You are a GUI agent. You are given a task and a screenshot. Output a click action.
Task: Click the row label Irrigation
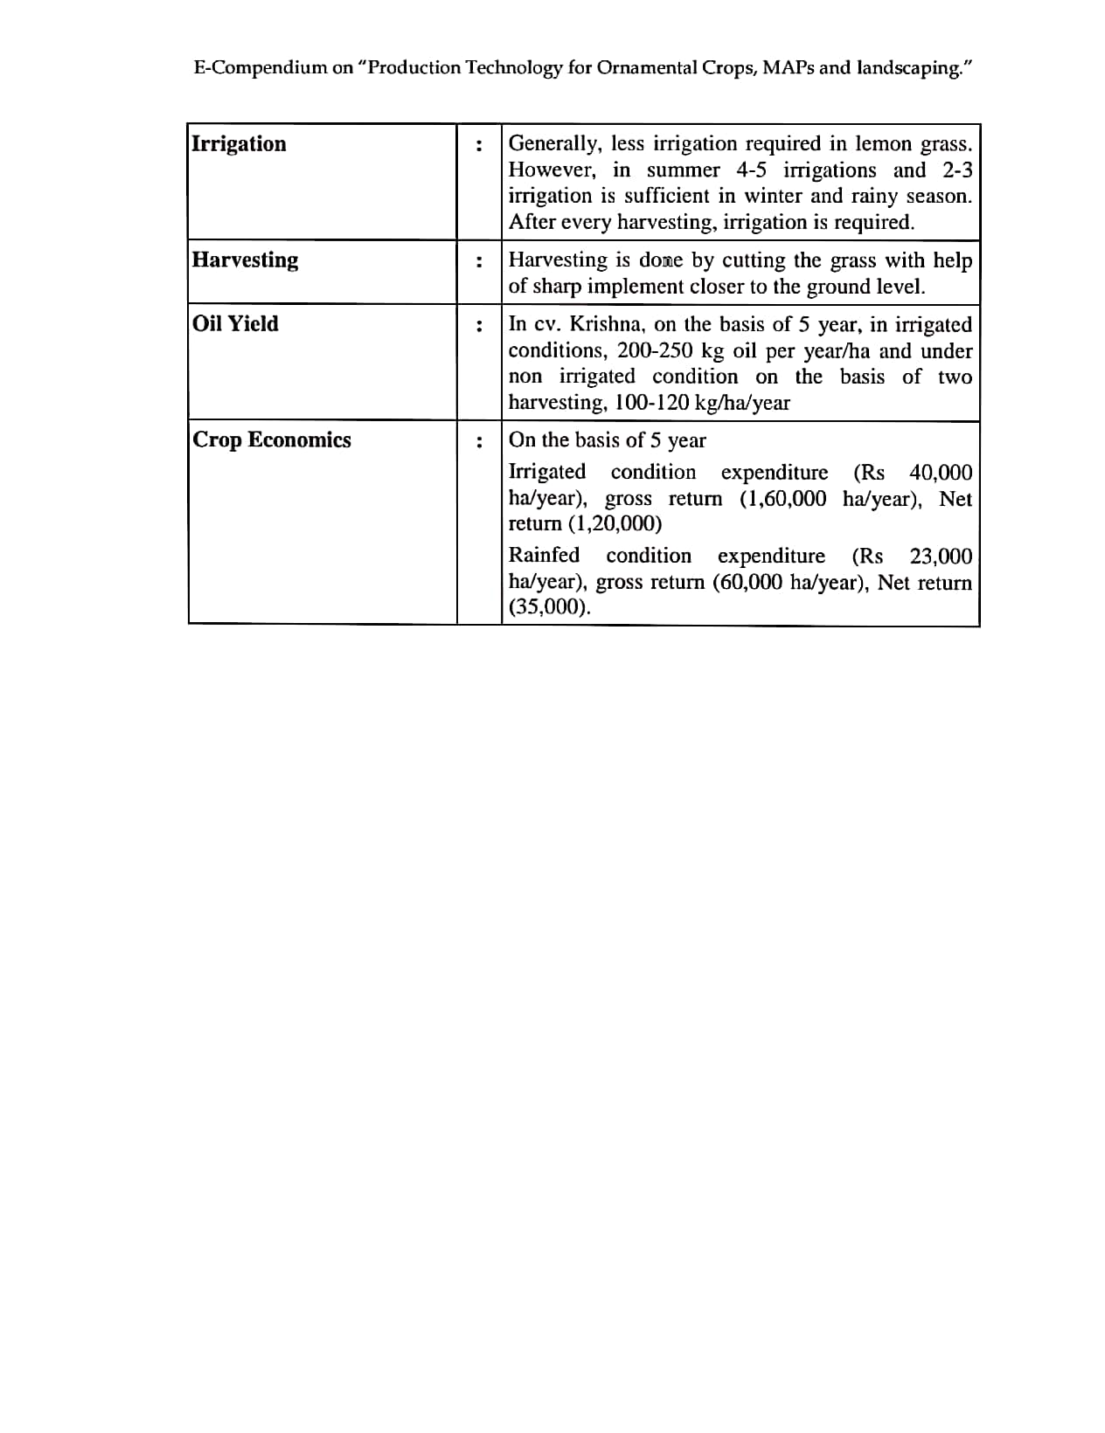[x=239, y=143]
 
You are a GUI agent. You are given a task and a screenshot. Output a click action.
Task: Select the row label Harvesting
[x=245, y=260]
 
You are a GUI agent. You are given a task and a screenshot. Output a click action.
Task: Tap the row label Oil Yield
[x=235, y=323]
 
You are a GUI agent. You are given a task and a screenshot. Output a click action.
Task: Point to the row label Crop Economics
[x=271, y=440]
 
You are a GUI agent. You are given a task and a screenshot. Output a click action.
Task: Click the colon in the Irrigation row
[x=478, y=145]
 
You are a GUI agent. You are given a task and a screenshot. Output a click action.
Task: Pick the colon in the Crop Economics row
[x=478, y=441]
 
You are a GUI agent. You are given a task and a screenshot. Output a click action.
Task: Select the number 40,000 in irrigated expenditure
[x=940, y=473]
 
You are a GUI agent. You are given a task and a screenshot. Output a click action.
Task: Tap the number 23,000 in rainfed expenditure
[x=941, y=557]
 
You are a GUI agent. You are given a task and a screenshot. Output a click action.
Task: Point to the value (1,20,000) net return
[x=615, y=524]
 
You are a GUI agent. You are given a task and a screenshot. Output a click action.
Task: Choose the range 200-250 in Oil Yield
[x=654, y=350]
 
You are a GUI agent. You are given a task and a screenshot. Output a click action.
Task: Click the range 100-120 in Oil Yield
[x=650, y=403]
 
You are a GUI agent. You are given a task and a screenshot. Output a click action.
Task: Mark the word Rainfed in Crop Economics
[x=544, y=556]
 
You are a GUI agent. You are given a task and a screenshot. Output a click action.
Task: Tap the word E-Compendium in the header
[x=260, y=68]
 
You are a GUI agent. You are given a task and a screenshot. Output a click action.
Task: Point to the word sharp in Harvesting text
[x=557, y=287]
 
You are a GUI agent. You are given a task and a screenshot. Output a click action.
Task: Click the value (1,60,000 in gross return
[x=782, y=499]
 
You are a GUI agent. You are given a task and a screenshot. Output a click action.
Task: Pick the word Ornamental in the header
[x=646, y=68]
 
